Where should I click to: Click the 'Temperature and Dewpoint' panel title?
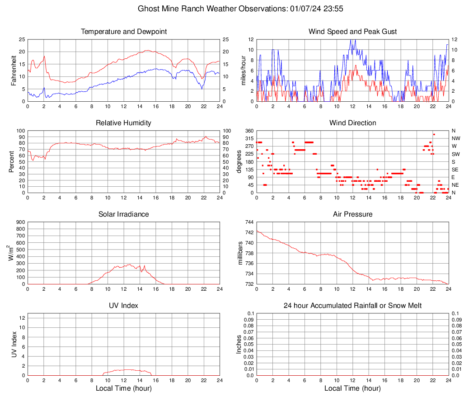124,32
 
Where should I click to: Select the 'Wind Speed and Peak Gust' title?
353,32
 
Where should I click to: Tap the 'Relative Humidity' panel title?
124,123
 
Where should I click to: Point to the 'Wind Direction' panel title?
353,123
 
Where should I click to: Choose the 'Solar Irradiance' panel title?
124,214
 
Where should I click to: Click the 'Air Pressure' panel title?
353,214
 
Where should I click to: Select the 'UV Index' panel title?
124,306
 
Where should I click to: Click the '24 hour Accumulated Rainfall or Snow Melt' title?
353,306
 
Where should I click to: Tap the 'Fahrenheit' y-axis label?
14,70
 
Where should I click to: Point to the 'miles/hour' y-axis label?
243,70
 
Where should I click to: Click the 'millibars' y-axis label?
240,253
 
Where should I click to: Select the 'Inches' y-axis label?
239,344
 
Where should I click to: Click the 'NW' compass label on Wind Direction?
456,138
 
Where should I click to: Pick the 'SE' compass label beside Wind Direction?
455,170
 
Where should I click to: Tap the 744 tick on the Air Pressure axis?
248,222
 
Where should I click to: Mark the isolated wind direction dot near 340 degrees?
434,134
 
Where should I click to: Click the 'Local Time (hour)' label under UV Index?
124,388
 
